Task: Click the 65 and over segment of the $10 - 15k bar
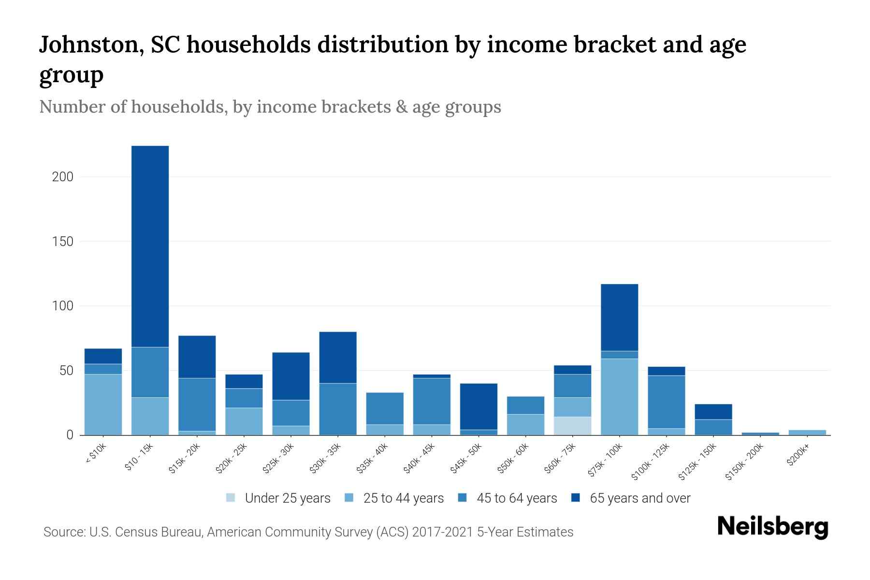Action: pos(150,246)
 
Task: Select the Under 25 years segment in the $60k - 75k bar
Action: pos(572,426)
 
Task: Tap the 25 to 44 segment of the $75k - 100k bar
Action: pos(619,397)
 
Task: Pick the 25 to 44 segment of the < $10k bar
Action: pos(103,405)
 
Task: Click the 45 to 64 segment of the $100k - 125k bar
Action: pos(666,402)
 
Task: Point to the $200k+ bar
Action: pos(807,432)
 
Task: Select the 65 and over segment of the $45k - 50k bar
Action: pos(478,406)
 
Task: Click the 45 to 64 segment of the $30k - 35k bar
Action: pos(338,409)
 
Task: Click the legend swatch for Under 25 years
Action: pos(231,498)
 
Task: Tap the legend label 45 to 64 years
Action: pos(516,498)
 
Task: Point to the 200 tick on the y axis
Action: pos(63,177)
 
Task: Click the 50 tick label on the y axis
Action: pos(66,371)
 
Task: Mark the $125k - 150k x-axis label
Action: pos(698,462)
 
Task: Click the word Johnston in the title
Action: pos(90,45)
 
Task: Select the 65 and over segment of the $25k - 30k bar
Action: pos(291,376)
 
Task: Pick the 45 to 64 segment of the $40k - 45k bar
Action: pos(432,401)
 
